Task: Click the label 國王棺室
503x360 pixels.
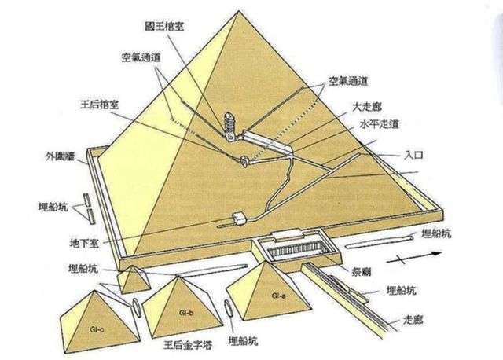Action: (163, 26)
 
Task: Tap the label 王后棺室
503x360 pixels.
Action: (100, 104)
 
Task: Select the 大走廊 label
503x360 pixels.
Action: (367, 107)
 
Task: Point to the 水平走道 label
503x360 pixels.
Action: (380, 124)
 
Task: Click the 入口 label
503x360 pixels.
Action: (414, 155)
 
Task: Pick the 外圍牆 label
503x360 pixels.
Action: (60, 156)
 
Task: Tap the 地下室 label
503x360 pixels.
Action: (84, 243)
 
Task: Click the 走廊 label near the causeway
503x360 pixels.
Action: (413, 320)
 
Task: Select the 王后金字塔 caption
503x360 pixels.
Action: (188, 345)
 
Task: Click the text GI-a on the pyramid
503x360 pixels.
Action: (278, 296)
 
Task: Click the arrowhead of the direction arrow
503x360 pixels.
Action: (436, 253)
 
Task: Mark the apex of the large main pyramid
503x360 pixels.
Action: (239, 11)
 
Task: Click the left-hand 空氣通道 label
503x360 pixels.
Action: (141, 57)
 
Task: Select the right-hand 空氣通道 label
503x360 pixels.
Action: (347, 81)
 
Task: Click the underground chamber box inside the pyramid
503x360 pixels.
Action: (239, 219)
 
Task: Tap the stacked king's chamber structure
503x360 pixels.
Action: (230, 126)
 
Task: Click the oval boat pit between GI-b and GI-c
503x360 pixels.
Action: (136, 307)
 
